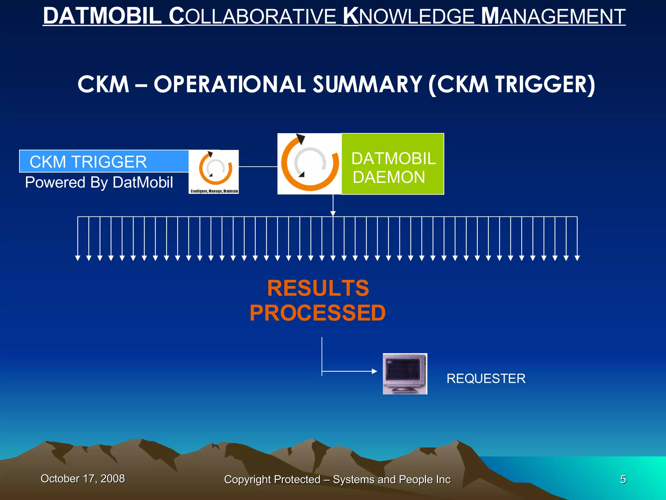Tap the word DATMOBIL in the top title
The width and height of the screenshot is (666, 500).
(x=102, y=16)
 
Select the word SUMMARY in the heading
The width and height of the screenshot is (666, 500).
(x=367, y=85)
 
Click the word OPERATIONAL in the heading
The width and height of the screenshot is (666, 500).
(x=230, y=85)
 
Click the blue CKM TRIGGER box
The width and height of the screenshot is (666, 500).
(x=104, y=161)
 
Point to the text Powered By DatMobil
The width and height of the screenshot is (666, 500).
(x=99, y=182)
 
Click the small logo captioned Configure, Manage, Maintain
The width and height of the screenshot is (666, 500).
(x=214, y=172)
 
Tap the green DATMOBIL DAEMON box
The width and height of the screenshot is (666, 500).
(x=393, y=164)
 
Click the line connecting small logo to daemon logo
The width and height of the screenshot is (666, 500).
(x=258, y=167)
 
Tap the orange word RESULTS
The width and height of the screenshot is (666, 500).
(x=318, y=288)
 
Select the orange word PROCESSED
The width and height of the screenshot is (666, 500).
(x=318, y=313)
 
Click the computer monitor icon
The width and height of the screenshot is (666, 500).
(x=405, y=374)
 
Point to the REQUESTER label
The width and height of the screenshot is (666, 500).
(x=486, y=379)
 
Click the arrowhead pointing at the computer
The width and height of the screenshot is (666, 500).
(x=374, y=371)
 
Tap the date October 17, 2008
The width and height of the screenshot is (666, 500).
(x=83, y=479)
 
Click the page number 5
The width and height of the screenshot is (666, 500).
(x=623, y=479)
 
